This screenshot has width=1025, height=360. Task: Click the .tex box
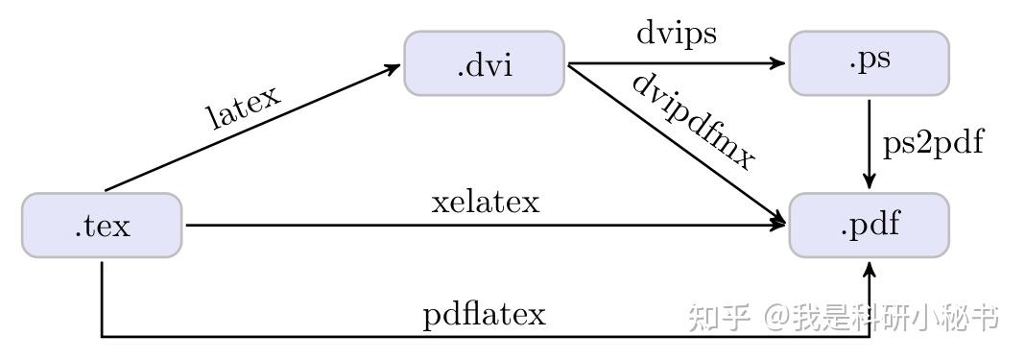102,226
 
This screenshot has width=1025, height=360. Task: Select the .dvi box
484,63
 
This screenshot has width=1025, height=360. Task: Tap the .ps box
869,63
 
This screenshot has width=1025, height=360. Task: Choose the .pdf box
869,226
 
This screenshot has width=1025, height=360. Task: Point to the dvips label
676,33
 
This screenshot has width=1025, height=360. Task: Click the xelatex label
486,203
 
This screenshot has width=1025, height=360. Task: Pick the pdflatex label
484,315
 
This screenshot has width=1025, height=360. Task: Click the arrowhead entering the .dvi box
393,67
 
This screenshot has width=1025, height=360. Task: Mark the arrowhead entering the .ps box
778,63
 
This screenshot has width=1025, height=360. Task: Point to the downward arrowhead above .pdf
869,181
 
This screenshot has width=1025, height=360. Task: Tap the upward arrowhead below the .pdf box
870,269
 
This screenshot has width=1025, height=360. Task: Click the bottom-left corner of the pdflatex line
102,336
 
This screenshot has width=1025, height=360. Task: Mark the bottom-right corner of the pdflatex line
870,336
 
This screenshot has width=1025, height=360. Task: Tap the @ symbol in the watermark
776,318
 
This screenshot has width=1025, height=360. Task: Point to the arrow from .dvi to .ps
672,63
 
